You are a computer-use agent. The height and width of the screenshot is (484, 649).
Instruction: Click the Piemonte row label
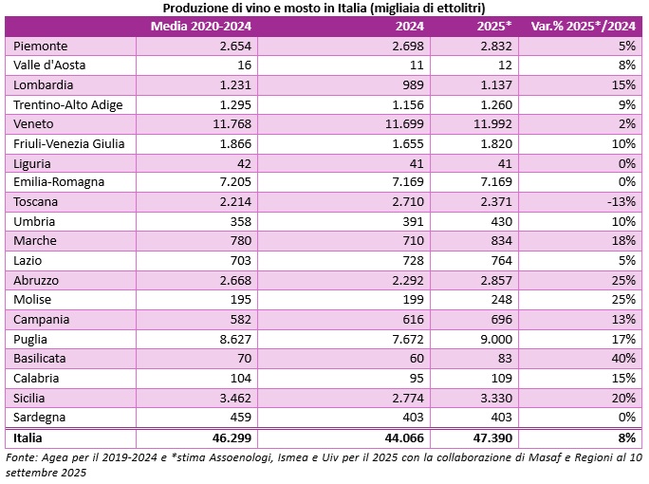pyautogui.click(x=42, y=46)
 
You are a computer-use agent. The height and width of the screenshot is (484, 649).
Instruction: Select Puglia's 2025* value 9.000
pyautogui.click(x=496, y=339)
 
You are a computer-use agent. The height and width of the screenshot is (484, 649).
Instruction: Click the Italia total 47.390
pyautogui.click(x=491, y=438)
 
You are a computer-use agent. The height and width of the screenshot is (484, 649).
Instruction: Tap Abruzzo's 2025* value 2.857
pyautogui.click(x=493, y=280)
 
